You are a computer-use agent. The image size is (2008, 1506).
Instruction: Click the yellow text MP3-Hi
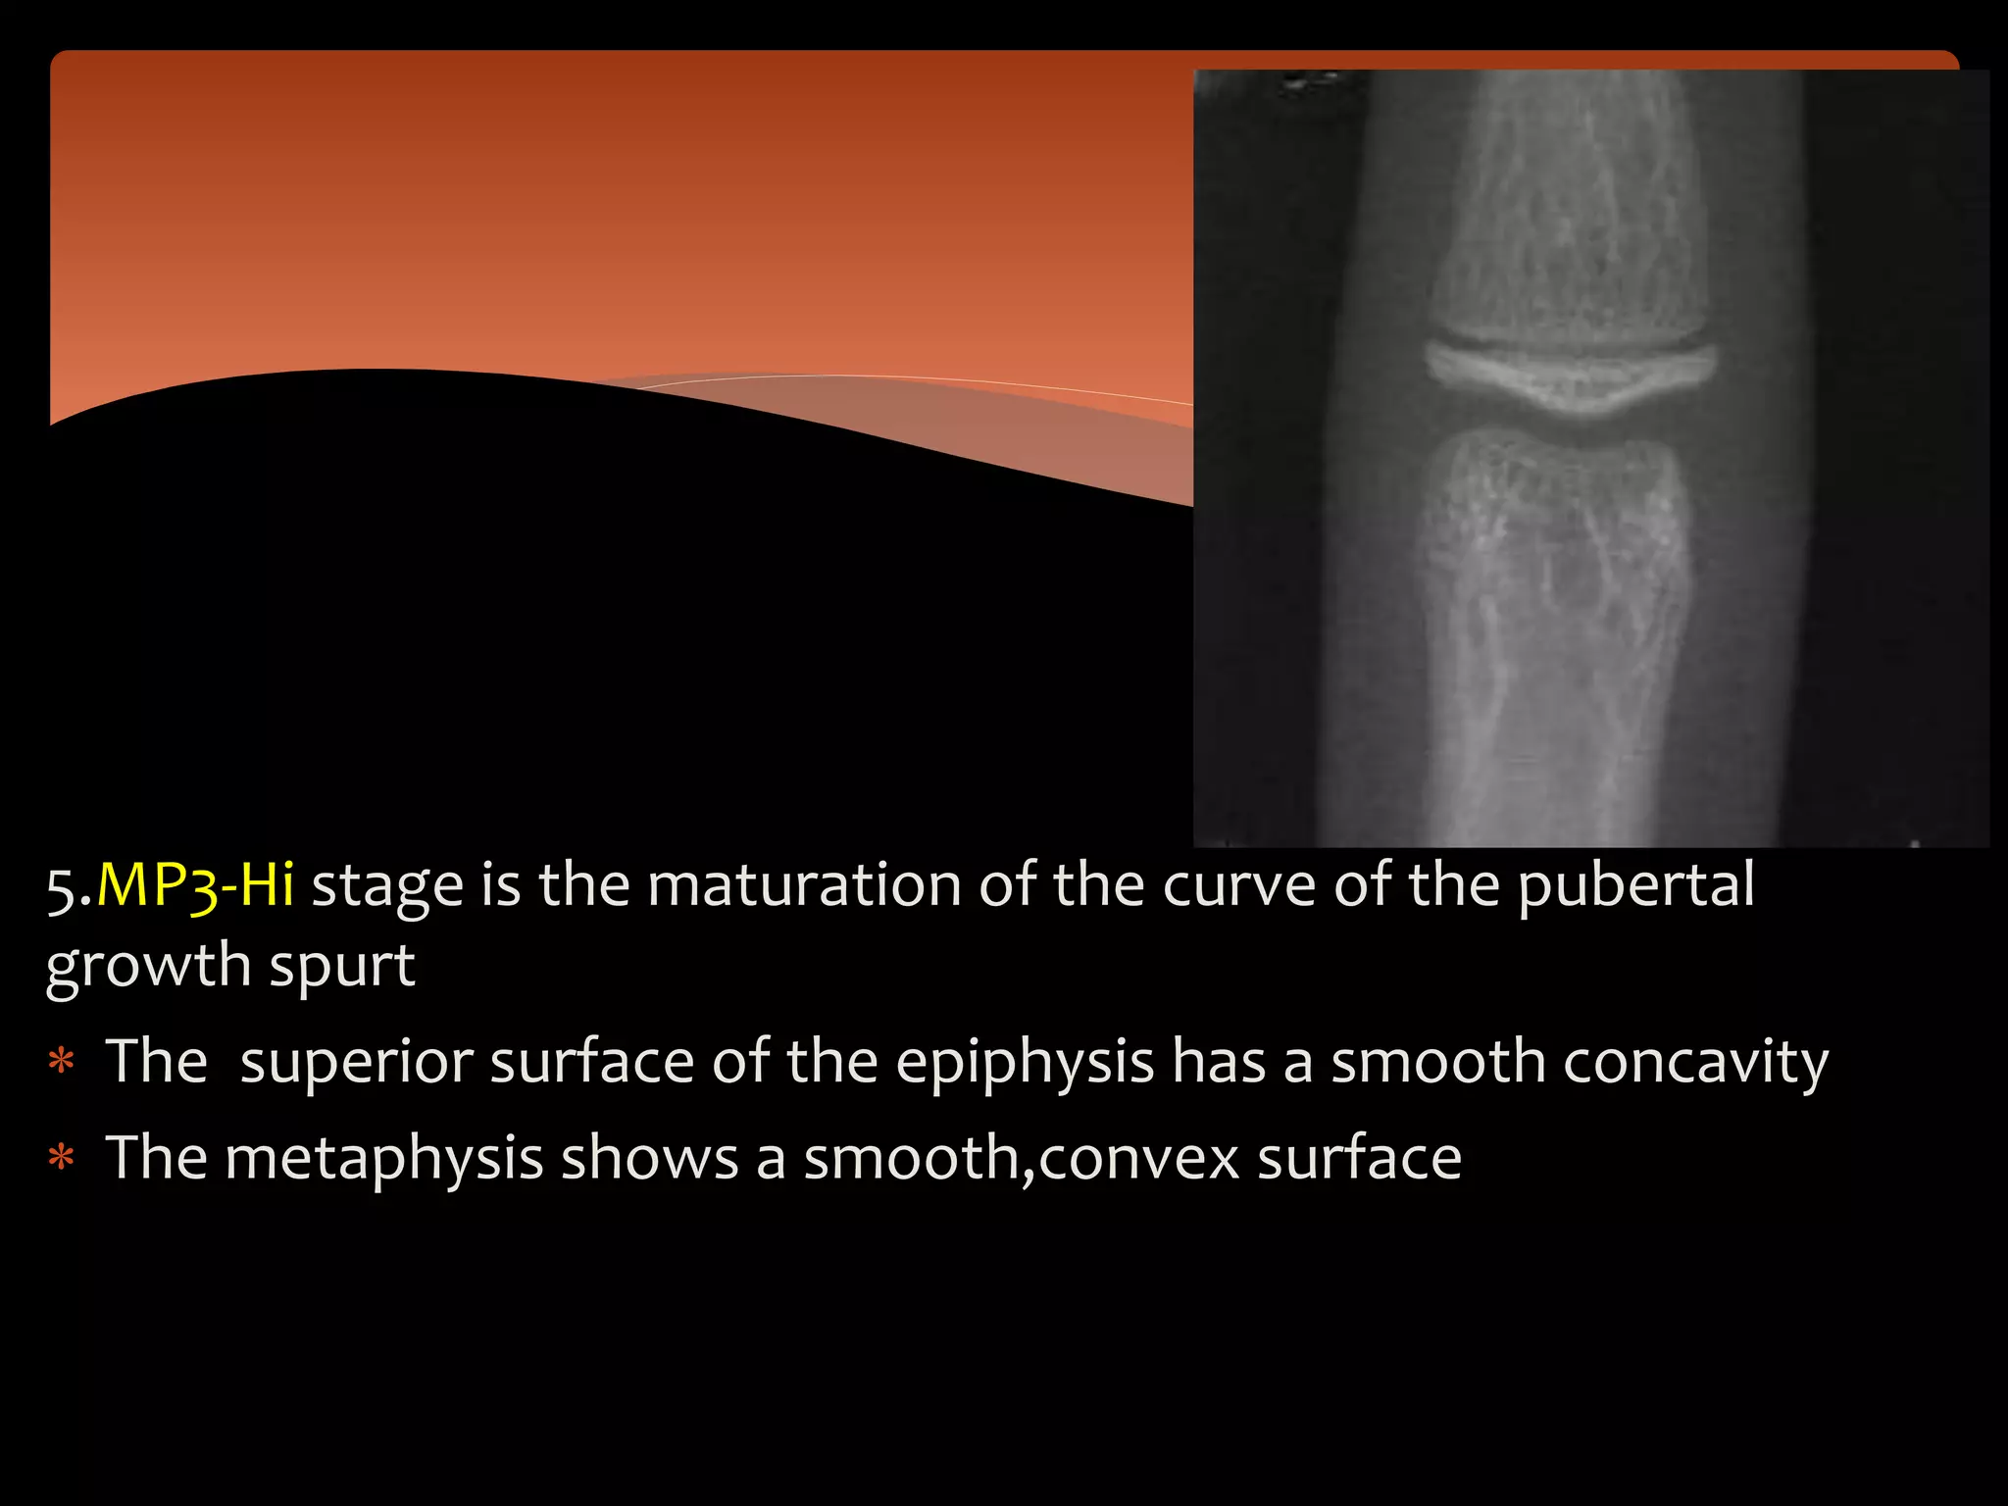coord(195,885)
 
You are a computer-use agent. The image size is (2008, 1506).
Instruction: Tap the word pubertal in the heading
coord(1635,885)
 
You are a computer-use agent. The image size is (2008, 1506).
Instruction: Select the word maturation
coord(804,885)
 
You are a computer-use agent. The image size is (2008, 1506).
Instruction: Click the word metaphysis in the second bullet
coord(383,1160)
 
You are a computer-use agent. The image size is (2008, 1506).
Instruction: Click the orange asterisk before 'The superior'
coord(62,1063)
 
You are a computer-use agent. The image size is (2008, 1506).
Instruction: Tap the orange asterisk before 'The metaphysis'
coord(62,1160)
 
